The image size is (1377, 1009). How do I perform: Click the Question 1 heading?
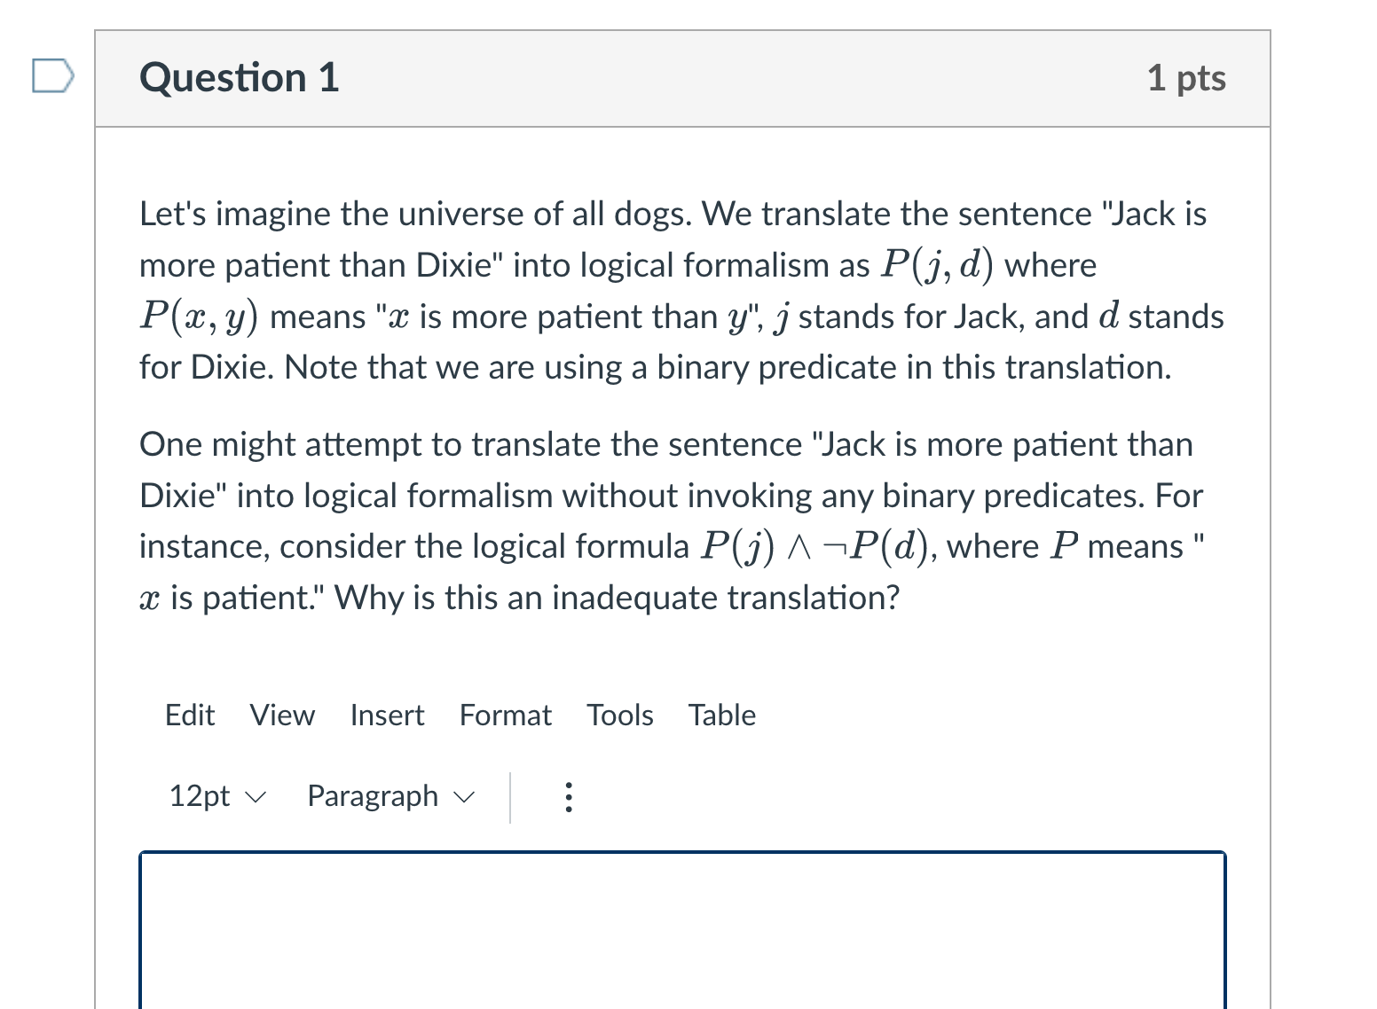(x=240, y=78)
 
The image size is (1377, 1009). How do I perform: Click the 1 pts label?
(x=1185, y=78)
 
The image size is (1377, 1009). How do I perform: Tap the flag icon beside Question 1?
(x=51, y=75)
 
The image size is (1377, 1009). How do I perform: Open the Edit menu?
(x=190, y=715)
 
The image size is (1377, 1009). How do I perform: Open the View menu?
(x=282, y=715)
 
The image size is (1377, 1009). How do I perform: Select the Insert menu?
(x=387, y=715)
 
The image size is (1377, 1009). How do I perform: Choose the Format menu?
(x=505, y=715)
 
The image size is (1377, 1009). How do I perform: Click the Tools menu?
(x=619, y=715)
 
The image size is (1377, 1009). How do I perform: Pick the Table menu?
(x=722, y=715)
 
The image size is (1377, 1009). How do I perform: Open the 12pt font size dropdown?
(x=216, y=796)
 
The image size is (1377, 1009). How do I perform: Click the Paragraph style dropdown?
(x=390, y=796)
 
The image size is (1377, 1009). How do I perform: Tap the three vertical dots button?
(x=569, y=797)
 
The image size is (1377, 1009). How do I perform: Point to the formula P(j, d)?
(x=937, y=265)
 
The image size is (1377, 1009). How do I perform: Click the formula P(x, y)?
(x=199, y=317)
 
